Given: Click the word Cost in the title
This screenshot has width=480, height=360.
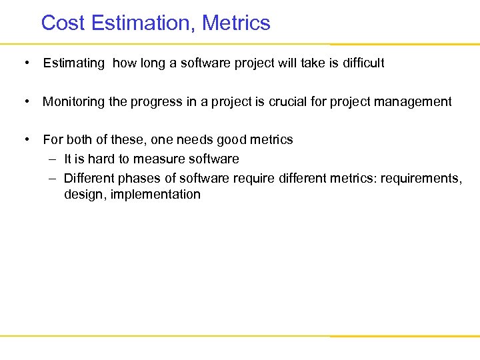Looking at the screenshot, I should [x=63, y=23].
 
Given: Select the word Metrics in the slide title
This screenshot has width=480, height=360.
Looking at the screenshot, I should [x=237, y=23].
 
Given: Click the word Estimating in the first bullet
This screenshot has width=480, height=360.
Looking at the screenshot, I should [x=73, y=63].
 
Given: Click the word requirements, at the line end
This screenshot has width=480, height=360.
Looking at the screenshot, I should [x=423, y=179].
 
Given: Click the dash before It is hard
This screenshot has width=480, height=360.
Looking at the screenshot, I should [x=52, y=159].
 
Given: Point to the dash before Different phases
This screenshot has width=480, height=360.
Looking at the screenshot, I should [x=52, y=179].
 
